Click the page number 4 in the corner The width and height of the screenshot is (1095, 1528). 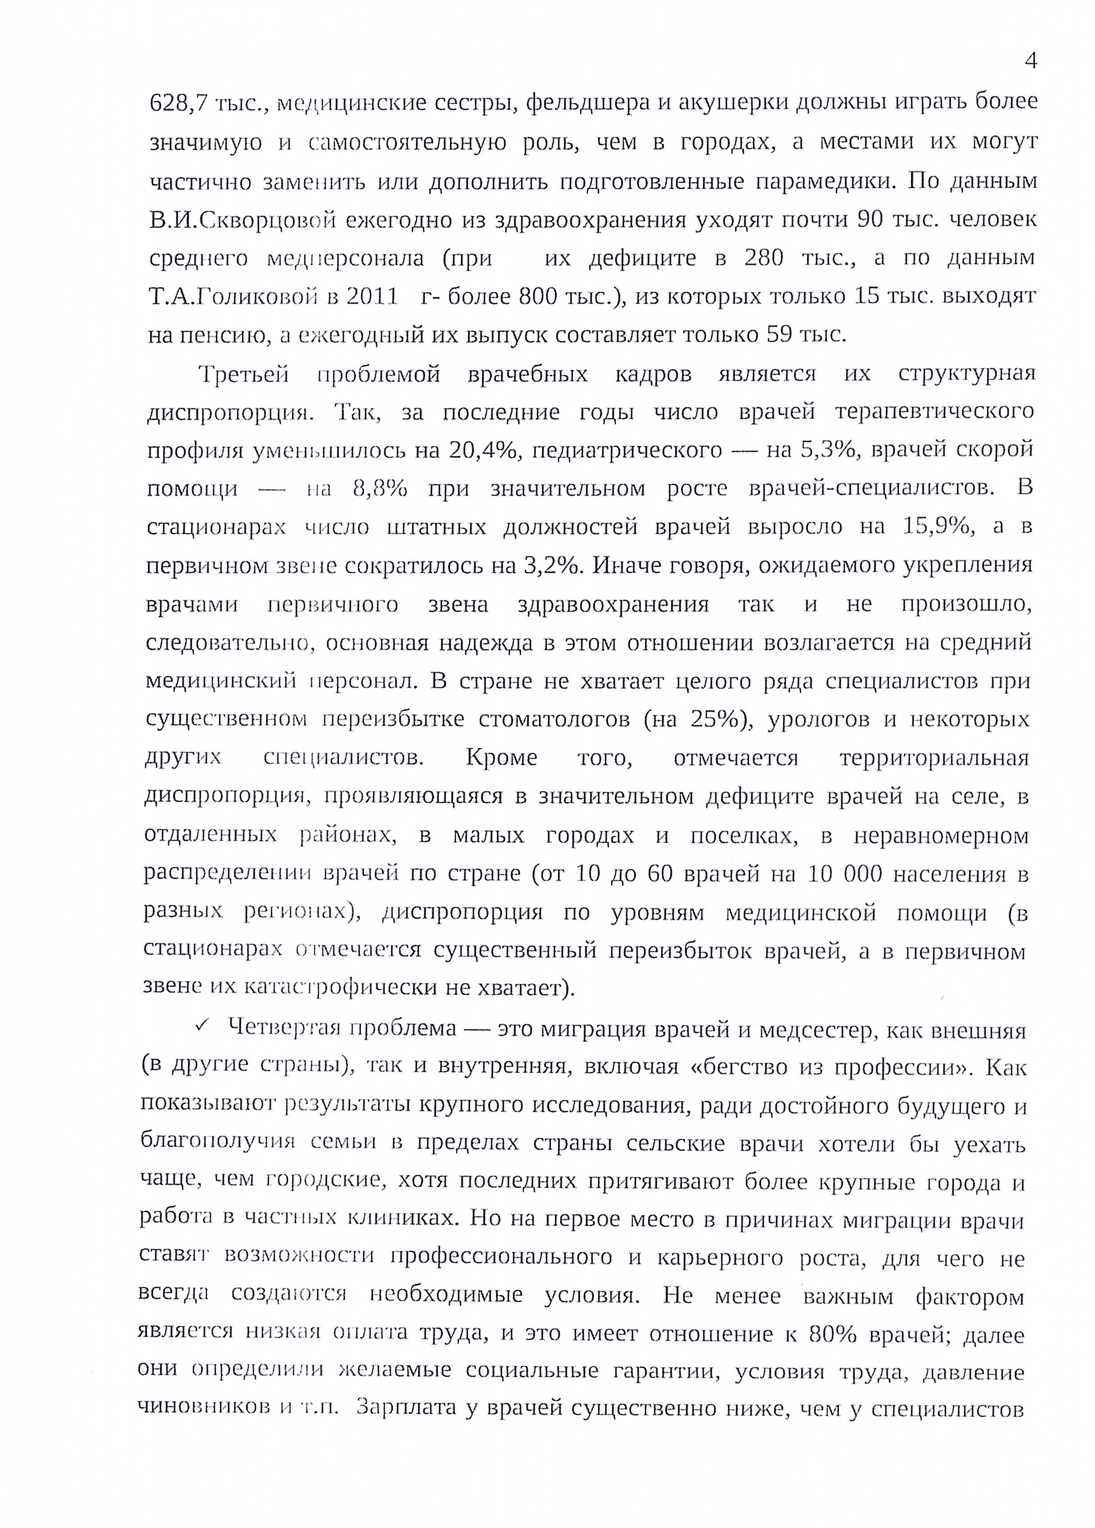[1030, 62]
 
